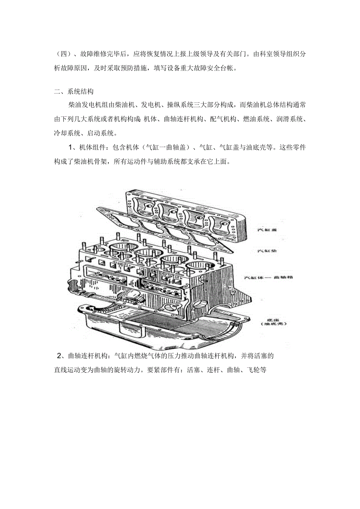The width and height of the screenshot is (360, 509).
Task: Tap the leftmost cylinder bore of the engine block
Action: click(122, 247)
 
